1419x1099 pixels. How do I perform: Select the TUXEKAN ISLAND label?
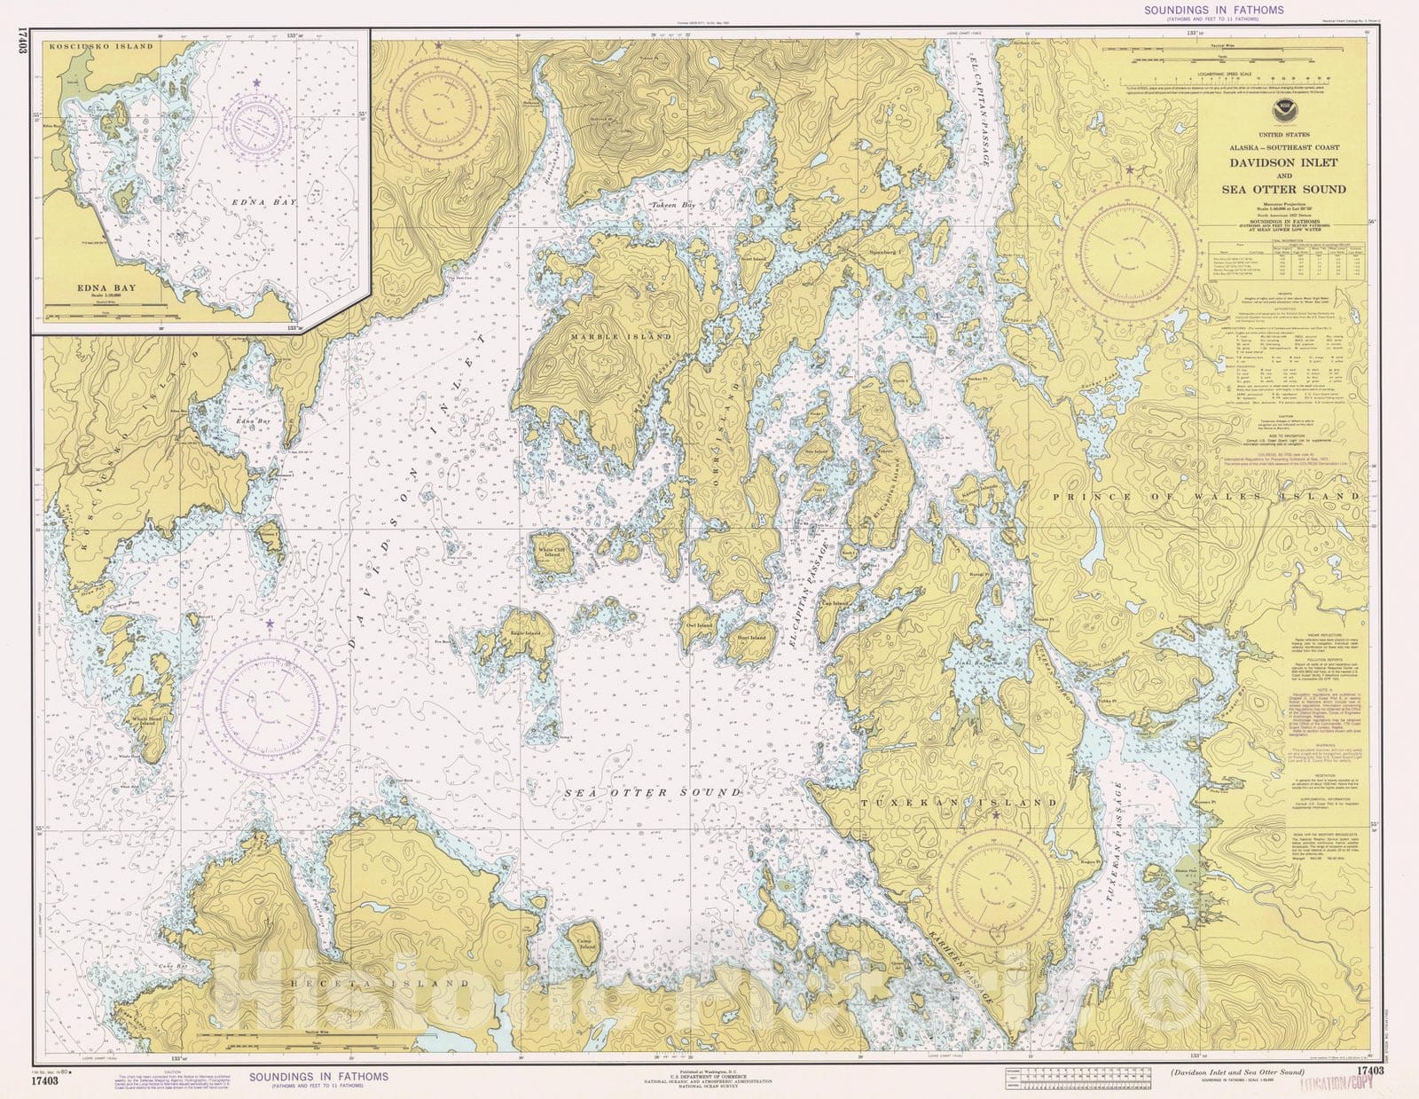[960, 802]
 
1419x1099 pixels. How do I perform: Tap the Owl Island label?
[699, 625]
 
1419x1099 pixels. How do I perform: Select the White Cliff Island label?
[548, 553]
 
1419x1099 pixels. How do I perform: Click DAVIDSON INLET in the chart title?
[1282, 163]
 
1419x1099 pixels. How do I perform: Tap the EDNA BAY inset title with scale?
[98, 290]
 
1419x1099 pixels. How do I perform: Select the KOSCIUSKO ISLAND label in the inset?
[89, 46]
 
